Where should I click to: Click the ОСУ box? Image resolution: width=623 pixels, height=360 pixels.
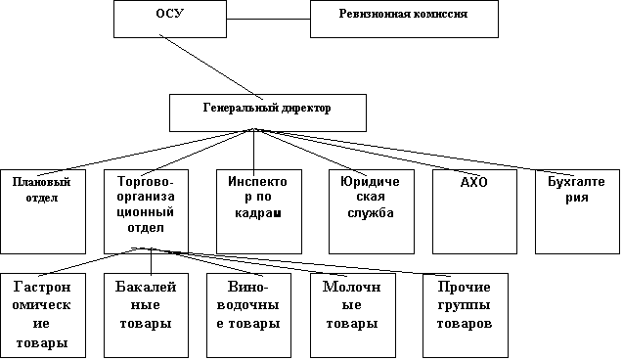point(170,19)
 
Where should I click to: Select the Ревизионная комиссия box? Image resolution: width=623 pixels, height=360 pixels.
point(404,19)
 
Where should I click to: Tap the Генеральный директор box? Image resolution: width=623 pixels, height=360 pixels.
point(268,112)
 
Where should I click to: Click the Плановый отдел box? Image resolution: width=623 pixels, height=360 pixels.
point(43,211)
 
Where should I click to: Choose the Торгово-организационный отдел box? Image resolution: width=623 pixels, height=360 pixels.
point(147,211)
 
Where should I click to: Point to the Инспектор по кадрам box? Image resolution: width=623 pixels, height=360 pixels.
point(259,211)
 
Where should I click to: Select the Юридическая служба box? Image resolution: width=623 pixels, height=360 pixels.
point(372,211)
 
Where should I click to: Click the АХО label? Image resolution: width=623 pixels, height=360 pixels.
point(474,182)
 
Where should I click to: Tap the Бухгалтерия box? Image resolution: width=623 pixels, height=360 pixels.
point(577,211)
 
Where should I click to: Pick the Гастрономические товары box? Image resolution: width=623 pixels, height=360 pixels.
point(43,316)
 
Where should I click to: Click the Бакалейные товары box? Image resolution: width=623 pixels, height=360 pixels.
point(147,316)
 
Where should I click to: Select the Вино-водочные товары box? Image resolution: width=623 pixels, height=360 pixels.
point(248,316)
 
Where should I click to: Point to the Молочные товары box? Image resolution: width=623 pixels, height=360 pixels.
point(353,316)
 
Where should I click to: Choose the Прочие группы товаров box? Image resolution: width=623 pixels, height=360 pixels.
point(466,316)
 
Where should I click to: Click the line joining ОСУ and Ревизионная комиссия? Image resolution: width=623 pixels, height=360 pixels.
point(268,19)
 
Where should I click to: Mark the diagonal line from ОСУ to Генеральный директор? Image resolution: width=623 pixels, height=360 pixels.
point(211,67)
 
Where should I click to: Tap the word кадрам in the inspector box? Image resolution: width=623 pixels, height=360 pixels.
point(258,213)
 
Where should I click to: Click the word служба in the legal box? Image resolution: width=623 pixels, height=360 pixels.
point(371,213)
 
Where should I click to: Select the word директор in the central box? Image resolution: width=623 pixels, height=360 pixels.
point(306,108)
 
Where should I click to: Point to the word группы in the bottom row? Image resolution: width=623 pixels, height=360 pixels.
point(464,305)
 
